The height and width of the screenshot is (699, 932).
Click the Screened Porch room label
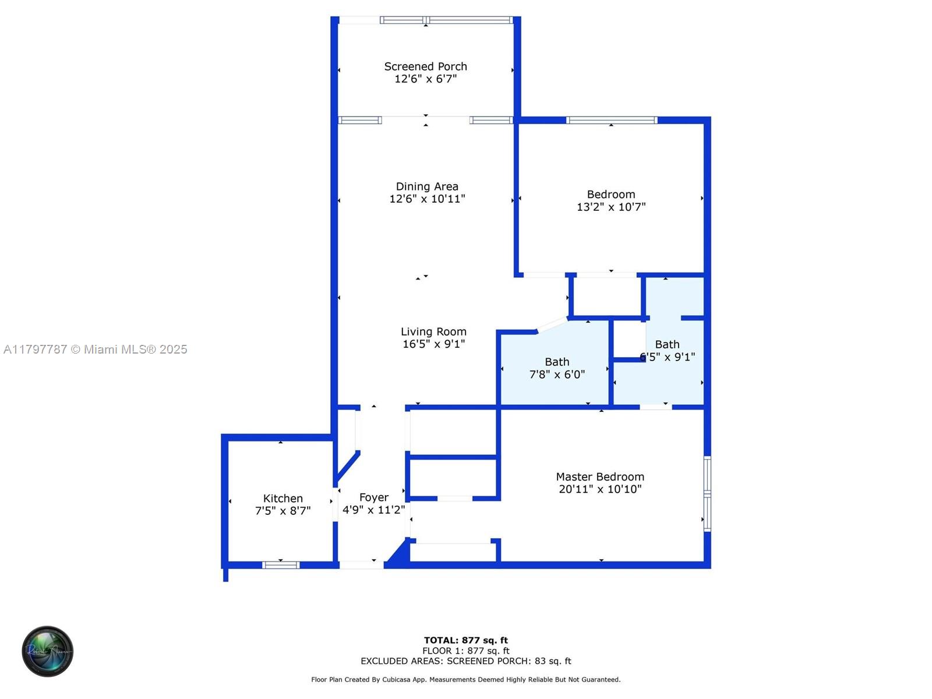(x=425, y=66)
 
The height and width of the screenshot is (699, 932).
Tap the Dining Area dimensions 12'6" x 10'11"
(x=427, y=199)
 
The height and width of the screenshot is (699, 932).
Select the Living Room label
(x=433, y=331)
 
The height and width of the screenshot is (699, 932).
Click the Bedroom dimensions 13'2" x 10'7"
(x=611, y=207)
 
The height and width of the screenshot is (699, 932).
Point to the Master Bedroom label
(x=600, y=476)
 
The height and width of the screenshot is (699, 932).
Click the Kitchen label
(x=283, y=498)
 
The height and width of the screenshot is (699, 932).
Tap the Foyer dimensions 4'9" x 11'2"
(x=373, y=510)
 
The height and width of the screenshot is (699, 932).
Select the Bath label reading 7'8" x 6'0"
(x=557, y=368)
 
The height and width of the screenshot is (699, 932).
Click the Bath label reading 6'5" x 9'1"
(x=667, y=351)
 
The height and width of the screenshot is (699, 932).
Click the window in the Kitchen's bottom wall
(x=281, y=564)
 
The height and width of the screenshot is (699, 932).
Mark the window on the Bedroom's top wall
(x=612, y=120)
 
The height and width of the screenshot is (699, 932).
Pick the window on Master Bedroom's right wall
(x=707, y=493)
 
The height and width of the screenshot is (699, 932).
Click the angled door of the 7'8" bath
(x=551, y=324)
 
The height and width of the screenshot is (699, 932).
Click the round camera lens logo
(x=48, y=651)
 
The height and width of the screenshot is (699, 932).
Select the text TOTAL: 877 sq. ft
(x=465, y=640)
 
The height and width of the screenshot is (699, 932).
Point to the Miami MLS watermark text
(x=96, y=349)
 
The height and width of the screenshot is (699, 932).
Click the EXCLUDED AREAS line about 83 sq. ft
(x=465, y=661)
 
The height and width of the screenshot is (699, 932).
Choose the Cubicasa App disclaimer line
(x=465, y=680)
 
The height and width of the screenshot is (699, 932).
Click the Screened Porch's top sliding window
(x=446, y=20)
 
